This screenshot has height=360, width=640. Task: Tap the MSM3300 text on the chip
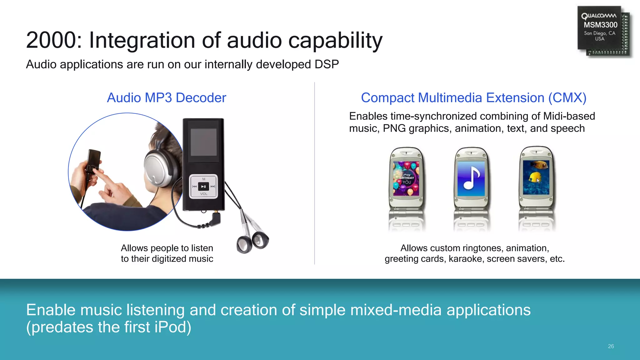[x=600, y=25]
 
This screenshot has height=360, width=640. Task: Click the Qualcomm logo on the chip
[x=599, y=16]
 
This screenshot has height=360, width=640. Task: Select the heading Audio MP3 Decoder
[x=166, y=98]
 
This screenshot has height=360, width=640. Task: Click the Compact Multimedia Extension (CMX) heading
[x=473, y=98]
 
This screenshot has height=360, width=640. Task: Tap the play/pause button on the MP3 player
[x=203, y=187]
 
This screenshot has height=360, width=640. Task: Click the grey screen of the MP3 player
[x=203, y=142]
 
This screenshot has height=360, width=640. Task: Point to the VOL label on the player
[x=203, y=194]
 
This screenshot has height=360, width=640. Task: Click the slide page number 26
[x=611, y=346]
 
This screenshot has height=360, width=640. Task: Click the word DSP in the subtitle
[x=327, y=64]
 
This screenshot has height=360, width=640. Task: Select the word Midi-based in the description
[x=569, y=116]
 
